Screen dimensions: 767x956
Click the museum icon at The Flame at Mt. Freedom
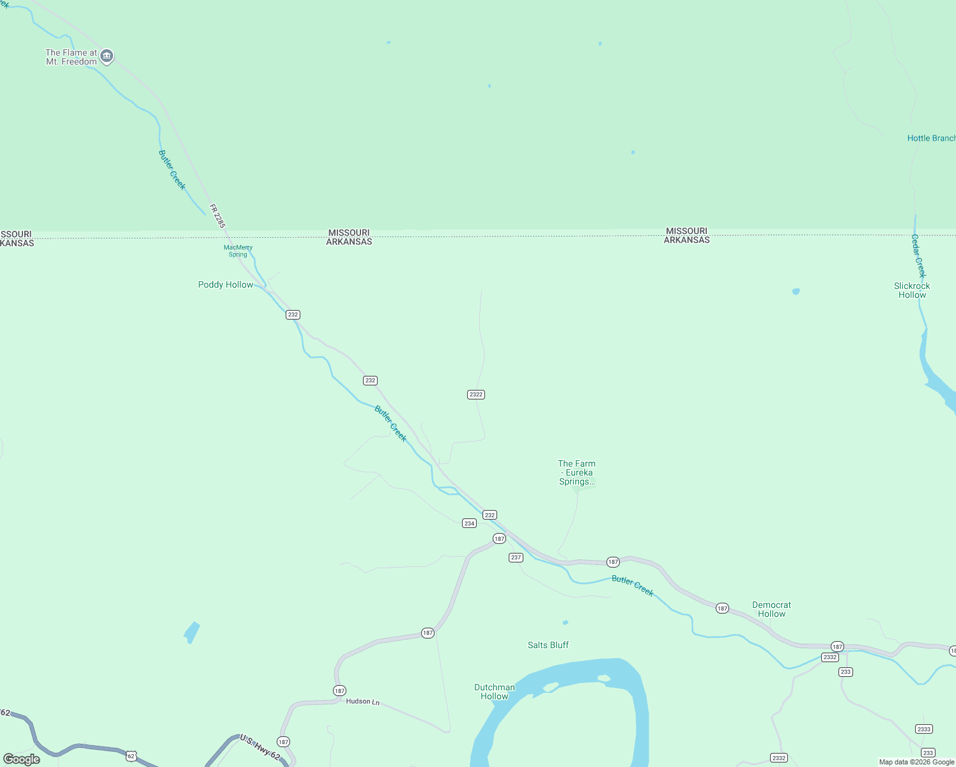pos(107,56)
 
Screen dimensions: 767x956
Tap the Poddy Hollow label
pos(226,284)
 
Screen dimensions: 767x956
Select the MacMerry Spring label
pos(238,251)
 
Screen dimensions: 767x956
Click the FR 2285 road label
pos(217,215)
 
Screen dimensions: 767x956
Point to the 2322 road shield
pos(476,394)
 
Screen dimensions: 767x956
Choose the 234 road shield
pos(469,523)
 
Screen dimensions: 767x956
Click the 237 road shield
pos(516,557)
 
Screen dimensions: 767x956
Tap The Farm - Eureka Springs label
pos(576,472)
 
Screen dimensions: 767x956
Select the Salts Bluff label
pos(548,645)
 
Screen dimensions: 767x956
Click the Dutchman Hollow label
pos(495,692)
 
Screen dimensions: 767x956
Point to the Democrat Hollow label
pos(771,609)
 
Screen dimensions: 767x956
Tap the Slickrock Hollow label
pos(912,290)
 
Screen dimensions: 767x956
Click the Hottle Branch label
pos(931,138)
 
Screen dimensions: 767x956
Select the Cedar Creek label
pos(918,256)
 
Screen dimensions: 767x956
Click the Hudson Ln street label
pos(362,701)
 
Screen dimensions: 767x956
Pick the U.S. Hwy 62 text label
pos(260,747)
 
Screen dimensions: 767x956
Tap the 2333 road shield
pos(924,729)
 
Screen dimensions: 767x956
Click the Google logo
pos(22,759)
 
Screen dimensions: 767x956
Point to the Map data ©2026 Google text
pos(916,762)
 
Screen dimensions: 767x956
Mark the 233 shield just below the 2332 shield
pos(845,672)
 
